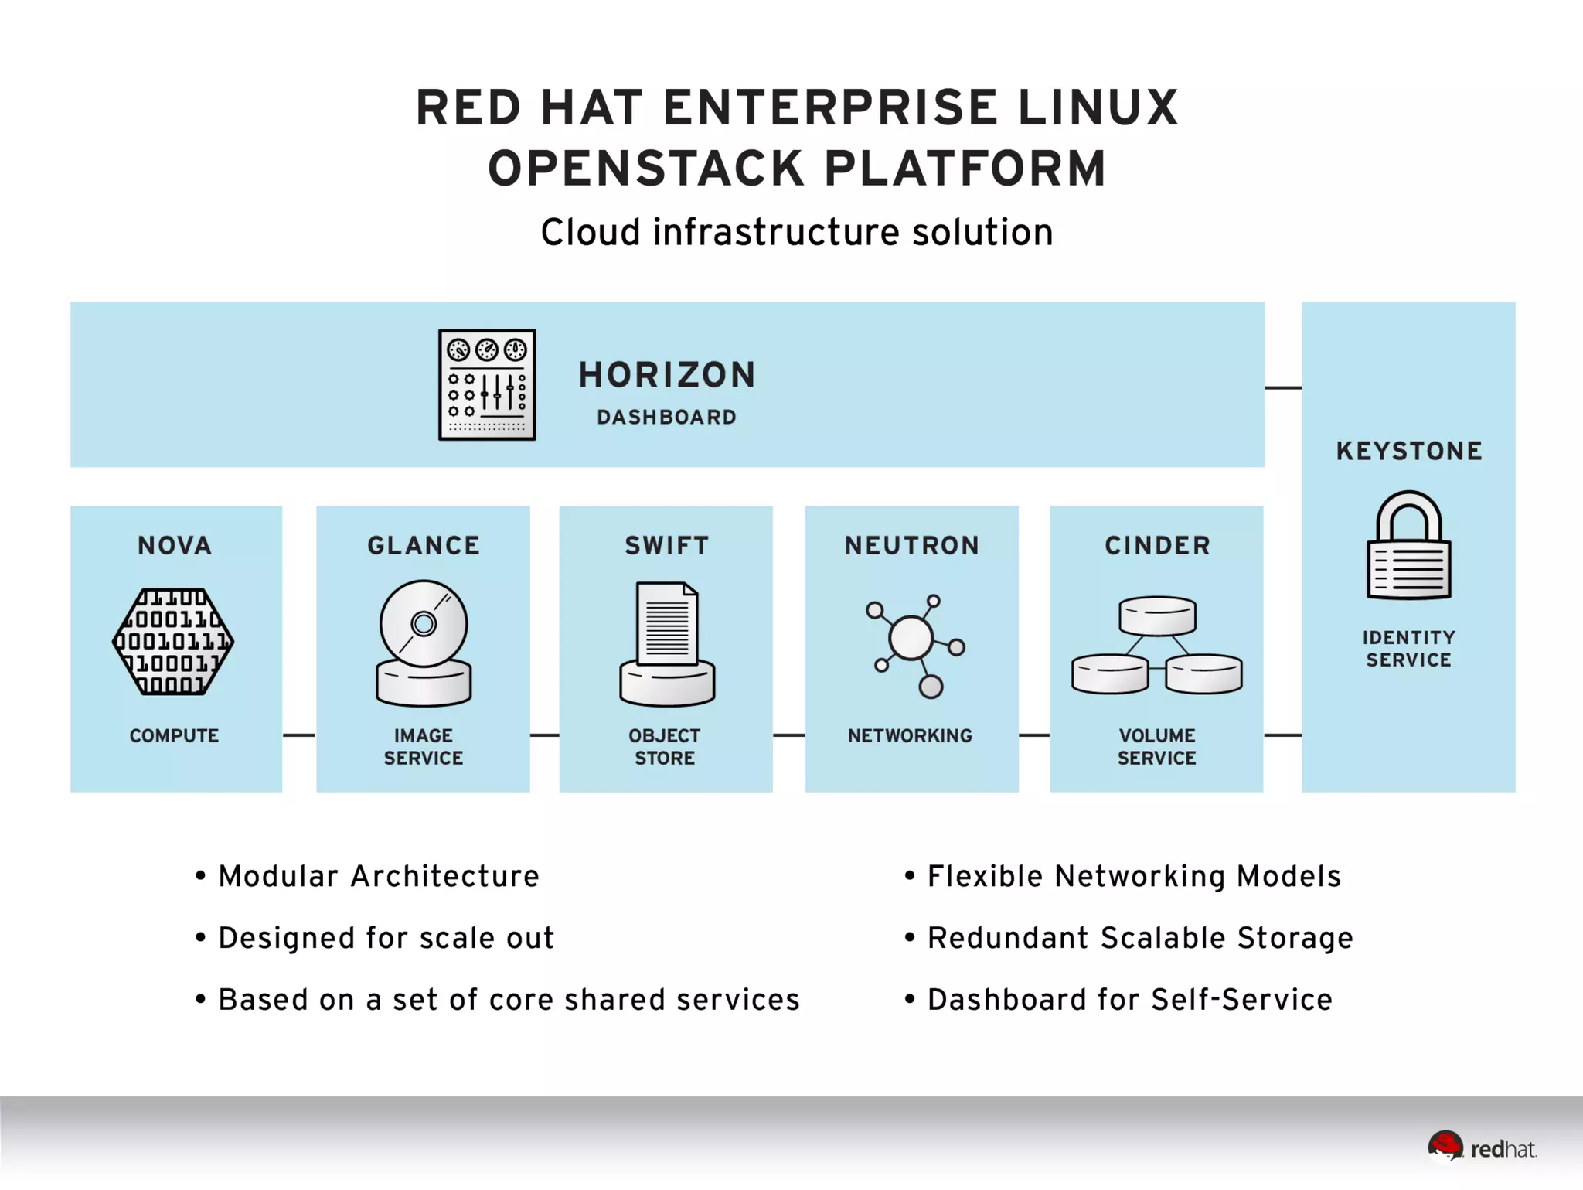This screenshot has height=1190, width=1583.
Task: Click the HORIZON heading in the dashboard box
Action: coord(667,375)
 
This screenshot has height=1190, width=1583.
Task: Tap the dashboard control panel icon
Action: coord(487,384)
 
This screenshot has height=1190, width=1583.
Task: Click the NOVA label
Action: coord(175,545)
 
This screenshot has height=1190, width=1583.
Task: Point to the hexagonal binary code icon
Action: coord(173,642)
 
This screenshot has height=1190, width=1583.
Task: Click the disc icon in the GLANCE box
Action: coord(424,642)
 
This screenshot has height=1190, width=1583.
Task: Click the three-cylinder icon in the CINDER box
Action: coord(1156,645)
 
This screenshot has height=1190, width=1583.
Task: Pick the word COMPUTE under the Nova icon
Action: coord(174,735)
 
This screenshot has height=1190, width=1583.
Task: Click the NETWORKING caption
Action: coord(910,735)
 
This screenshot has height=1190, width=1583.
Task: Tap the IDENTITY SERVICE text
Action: coord(1408,648)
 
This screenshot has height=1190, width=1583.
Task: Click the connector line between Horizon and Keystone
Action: coord(1283,387)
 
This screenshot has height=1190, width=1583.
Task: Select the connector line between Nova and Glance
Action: coord(299,735)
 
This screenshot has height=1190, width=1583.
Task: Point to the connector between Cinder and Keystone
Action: coord(1282,735)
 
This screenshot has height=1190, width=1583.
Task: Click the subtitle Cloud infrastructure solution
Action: coord(797,232)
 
